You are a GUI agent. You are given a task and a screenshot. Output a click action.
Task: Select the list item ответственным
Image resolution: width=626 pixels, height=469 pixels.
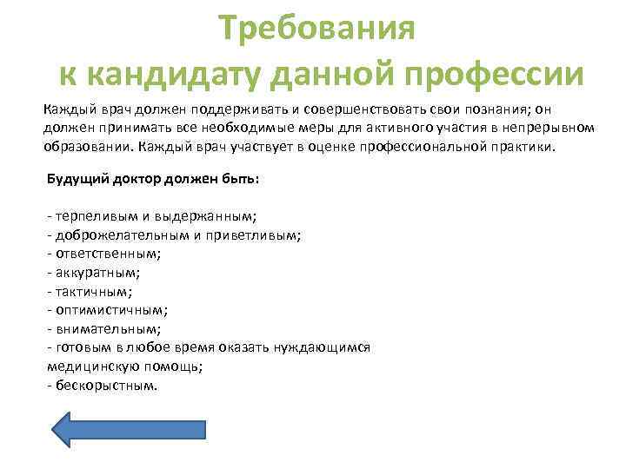106,254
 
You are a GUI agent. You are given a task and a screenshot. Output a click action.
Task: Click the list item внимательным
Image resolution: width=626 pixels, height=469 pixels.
106,329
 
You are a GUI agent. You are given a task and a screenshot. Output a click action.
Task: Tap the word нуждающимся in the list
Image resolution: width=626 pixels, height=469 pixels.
324,347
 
